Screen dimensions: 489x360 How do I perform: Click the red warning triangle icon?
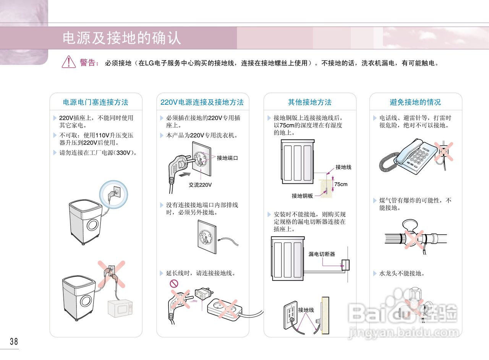coord(69,62)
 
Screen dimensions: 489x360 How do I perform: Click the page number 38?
coord(14,341)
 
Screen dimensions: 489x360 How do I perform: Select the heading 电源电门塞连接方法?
coord(96,102)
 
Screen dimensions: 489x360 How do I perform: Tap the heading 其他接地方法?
coord(309,102)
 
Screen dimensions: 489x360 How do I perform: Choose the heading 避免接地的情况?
coord(415,102)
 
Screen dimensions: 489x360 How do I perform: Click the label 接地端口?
coord(227,158)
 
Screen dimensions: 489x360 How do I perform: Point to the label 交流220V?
coord(200,185)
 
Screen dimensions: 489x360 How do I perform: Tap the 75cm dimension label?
coord(341,184)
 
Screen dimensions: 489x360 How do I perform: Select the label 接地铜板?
coord(302,196)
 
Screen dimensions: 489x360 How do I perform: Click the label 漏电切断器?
coord(322,254)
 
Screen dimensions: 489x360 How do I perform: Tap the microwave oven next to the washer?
coord(120,309)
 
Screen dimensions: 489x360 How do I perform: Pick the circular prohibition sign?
coord(174,284)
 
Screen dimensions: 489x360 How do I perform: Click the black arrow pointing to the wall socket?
coord(185,175)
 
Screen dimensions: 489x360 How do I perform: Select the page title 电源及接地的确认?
coord(122,38)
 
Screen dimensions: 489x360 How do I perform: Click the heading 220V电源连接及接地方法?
coord(202,102)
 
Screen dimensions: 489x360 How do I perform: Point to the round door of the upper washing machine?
coord(92,225)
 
